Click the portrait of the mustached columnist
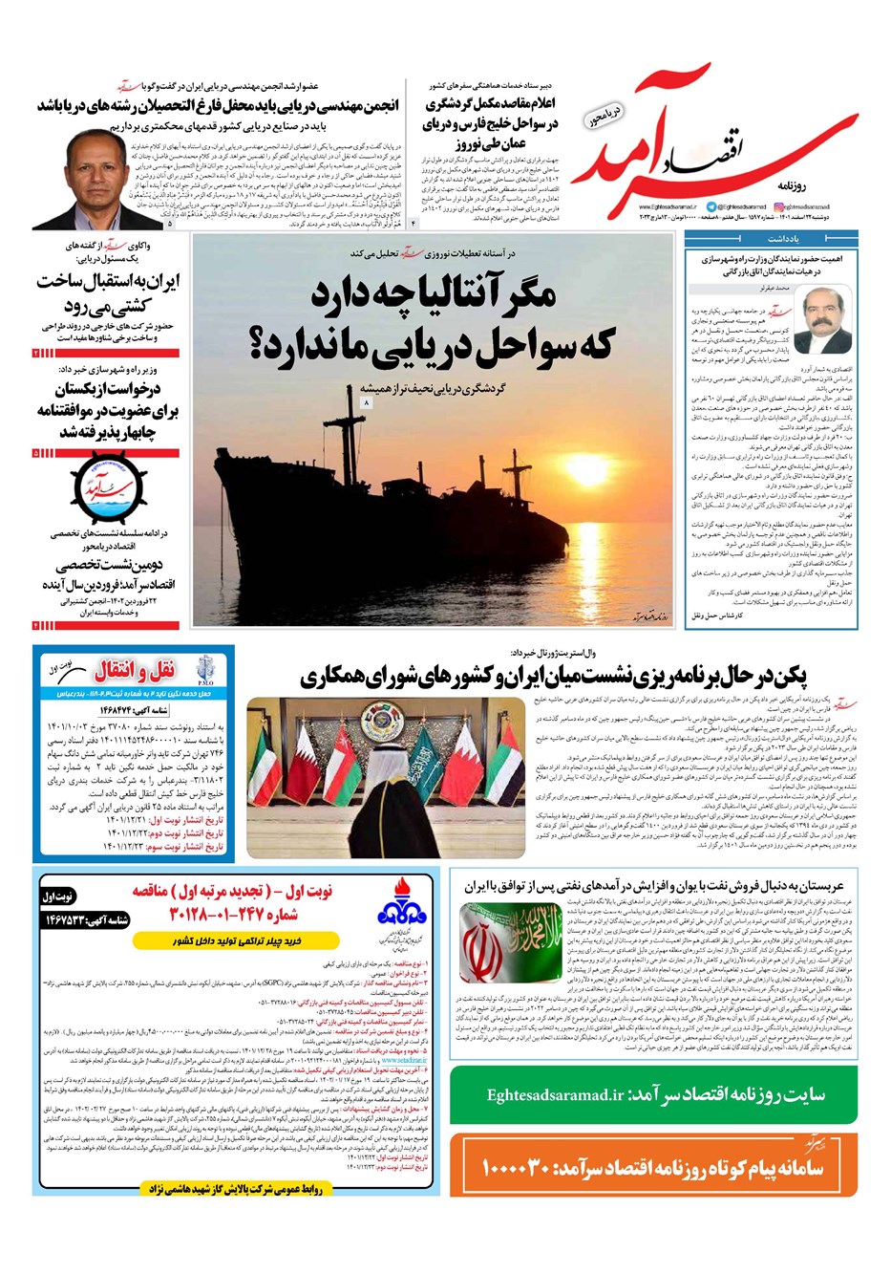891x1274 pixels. coord(821,318)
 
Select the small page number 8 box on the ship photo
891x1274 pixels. coord(366,405)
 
